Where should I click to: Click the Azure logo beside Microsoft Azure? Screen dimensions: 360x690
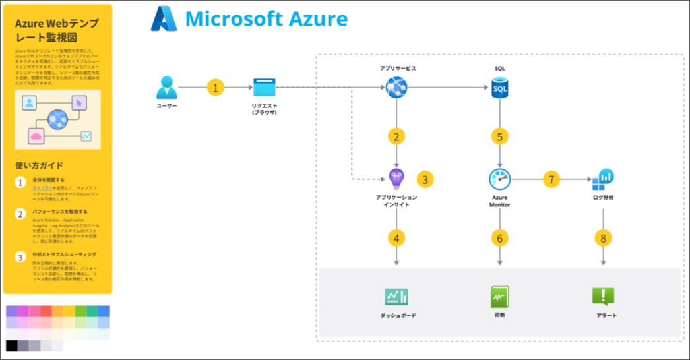164,19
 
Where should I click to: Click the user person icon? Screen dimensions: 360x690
167,88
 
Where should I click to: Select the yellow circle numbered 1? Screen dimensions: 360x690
215,88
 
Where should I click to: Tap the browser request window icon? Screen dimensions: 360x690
263,88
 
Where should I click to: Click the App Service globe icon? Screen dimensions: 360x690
397,87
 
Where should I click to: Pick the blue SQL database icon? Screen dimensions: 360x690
500,88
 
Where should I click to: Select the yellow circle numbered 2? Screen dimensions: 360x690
396,136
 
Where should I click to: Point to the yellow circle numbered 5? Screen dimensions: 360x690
500,136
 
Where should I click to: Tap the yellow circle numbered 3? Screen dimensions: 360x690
425,179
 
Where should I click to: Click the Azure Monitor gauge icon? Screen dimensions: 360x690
500,179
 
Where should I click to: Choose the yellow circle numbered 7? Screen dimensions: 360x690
551,179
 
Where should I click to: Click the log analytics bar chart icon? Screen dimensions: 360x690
603,179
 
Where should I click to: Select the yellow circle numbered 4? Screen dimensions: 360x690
396,238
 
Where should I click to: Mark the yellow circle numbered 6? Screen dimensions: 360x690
500,238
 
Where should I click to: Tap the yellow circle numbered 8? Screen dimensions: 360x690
603,238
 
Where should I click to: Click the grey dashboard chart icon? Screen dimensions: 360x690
397,297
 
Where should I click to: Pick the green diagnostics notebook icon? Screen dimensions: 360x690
500,297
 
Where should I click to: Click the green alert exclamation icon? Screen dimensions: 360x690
603,297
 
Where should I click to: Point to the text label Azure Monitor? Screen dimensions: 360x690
500,200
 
